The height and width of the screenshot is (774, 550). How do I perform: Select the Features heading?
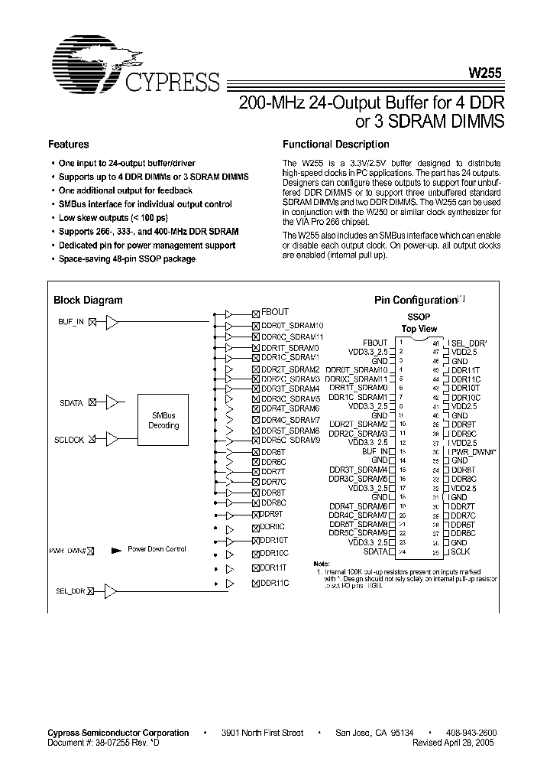point(69,145)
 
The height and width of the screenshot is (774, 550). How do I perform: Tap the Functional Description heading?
point(335,145)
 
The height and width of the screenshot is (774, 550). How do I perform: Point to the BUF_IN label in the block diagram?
point(72,322)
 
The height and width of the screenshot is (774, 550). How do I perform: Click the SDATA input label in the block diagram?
point(75,402)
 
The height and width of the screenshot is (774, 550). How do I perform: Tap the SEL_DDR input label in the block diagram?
point(71,590)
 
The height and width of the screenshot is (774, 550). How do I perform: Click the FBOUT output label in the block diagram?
point(274,312)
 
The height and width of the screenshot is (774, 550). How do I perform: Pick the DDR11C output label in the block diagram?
point(274,584)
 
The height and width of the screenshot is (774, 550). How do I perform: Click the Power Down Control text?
point(156,549)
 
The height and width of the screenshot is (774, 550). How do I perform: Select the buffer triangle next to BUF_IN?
point(112,322)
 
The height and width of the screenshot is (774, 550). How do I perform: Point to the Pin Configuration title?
point(416,301)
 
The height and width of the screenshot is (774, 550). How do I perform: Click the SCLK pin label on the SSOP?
point(461,551)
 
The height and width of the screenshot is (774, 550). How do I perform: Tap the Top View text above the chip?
point(419,327)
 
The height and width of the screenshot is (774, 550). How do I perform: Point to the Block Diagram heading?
point(88,301)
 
